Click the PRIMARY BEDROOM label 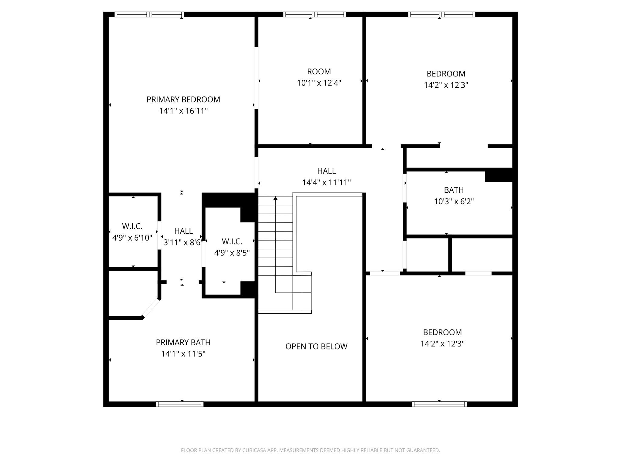pyautogui.click(x=183, y=100)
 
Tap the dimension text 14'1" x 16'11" pyautogui.click(x=183, y=111)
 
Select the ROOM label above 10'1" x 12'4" pyautogui.click(x=319, y=72)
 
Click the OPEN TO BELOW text pyautogui.click(x=316, y=346)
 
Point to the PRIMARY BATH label pyautogui.click(x=183, y=343)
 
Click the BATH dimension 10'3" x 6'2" pyautogui.click(x=454, y=201)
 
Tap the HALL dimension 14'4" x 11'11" pyautogui.click(x=326, y=183)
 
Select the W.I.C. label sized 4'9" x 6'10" pyautogui.click(x=132, y=226)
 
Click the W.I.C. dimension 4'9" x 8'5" pyautogui.click(x=232, y=253)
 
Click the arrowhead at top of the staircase pyautogui.click(x=275, y=198)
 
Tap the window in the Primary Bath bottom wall pyautogui.click(x=180, y=404)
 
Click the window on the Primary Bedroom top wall pyautogui.click(x=149, y=15)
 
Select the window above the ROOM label pyautogui.click(x=314, y=15)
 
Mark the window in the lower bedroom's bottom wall pyautogui.click(x=439, y=404)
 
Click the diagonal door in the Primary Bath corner pyautogui.click(x=151, y=308)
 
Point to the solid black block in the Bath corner pyautogui.click(x=499, y=175)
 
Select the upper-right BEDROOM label pyautogui.click(x=446, y=74)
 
